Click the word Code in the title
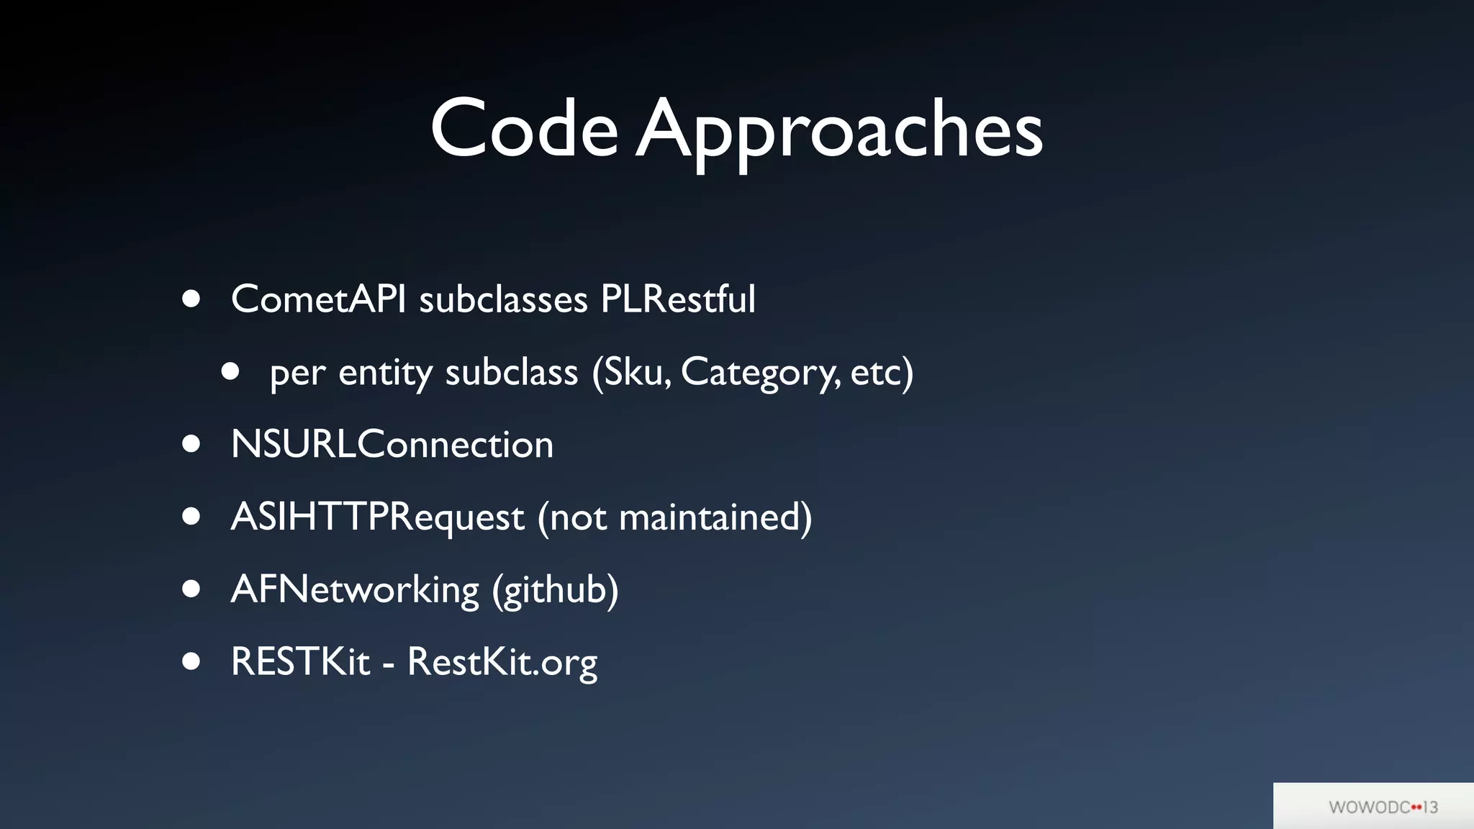click(524, 130)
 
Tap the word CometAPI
click(318, 299)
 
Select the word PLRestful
click(678, 299)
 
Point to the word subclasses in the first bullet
click(503, 299)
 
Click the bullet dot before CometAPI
click(191, 299)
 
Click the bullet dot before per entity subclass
click(230, 371)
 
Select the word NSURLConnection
click(392, 444)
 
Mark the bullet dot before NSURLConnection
click(191, 444)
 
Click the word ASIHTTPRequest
click(377, 517)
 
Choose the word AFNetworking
click(355, 590)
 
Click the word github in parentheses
click(556, 590)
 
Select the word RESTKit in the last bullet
click(300, 661)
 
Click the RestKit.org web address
click(502, 662)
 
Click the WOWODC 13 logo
click(1383, 807)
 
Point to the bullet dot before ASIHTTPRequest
click(191, 517)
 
